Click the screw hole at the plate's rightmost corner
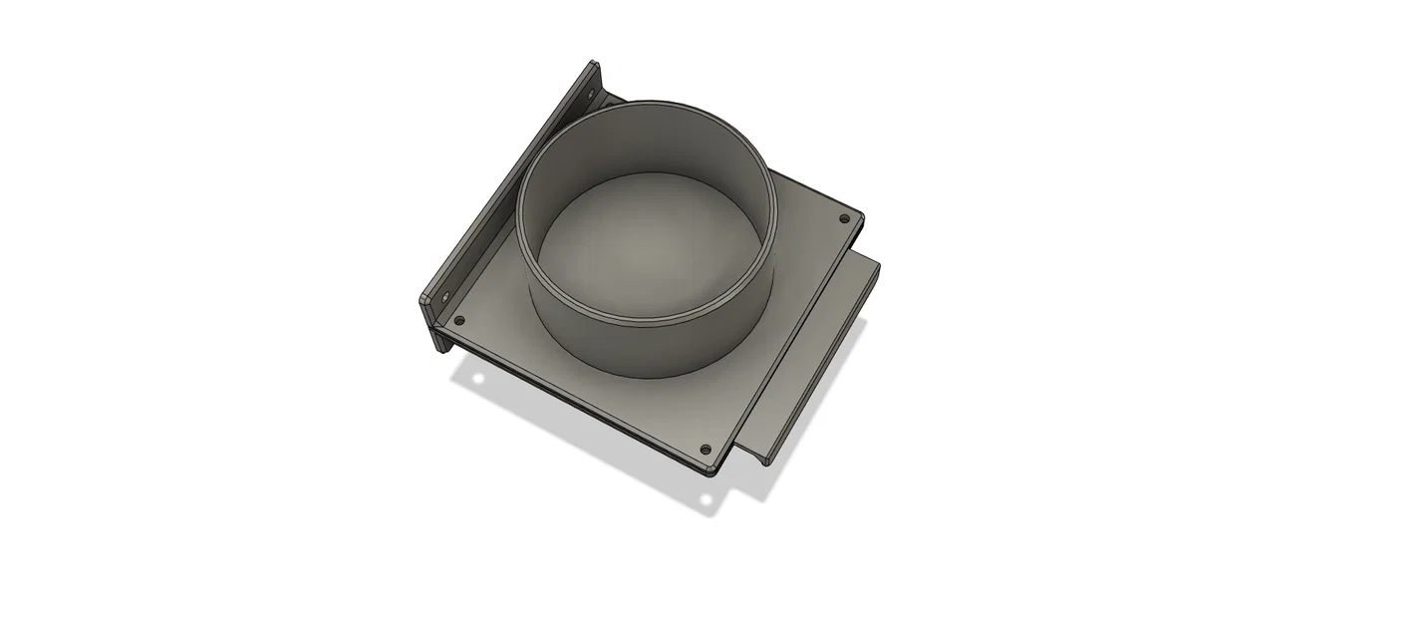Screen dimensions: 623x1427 [x=845, y=218]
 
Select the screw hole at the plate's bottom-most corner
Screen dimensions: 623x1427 [x=707, y=451]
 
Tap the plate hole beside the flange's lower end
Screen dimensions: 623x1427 [x=459, y=320]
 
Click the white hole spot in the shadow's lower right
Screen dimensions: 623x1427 [x=707, y=498]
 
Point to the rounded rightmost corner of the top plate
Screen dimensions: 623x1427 [x=860, y=219]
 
